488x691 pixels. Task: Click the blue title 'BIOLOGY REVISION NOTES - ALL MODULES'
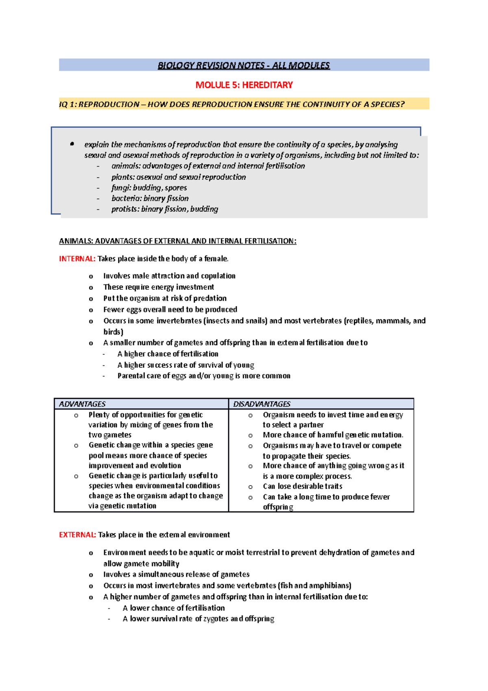[x=244, y=65]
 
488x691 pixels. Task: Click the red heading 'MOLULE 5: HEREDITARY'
[x=244, y=85]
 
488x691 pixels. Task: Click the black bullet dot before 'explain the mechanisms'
[x=72, y=144]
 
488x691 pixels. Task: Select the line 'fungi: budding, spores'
[x=149, y=188]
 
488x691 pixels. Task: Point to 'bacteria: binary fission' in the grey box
[x=150, y=198]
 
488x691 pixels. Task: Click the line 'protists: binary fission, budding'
[x=164, y=209]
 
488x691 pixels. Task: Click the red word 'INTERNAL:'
[x=77, y=259]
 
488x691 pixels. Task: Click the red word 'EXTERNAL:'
[x=77, y=535]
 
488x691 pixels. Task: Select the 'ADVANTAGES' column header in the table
[x=82, y=404]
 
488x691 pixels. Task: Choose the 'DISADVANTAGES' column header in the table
[x=261, y=404]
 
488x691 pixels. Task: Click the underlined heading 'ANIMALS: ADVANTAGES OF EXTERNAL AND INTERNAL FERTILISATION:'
[x=177, y=241]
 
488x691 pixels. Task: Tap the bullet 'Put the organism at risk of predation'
[x=165, y=298]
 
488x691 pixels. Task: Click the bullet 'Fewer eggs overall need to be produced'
[x=170, y=310]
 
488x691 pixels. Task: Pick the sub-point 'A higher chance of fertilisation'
[x=168, y=354]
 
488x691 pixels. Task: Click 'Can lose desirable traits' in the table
[x=302, y=486]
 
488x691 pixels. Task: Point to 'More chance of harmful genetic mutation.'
[x=333, y=435]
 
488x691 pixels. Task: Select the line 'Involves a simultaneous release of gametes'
[x=176, y=575]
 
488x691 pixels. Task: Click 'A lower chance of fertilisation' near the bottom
[x=173, y=608]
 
